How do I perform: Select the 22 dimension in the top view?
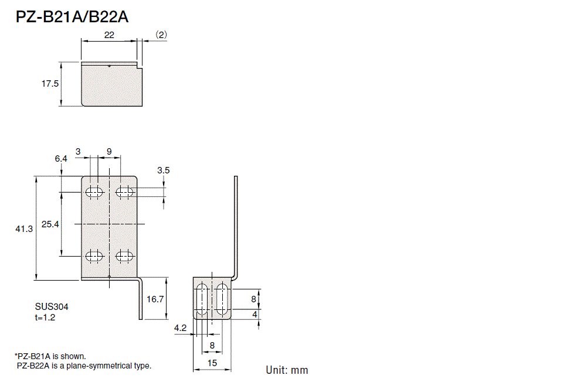[109, 35]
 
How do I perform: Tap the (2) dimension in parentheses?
[161, 35]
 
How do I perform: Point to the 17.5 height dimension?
[50, 84]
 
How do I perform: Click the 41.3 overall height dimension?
[24, 229]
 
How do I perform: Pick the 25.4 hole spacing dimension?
[50, 224]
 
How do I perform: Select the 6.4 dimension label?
[61, 159]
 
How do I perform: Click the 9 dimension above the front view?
[109, 151]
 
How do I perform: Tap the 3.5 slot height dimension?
[164, 170]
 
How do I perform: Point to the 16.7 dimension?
[155, 299]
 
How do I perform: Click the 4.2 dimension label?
[180, 329]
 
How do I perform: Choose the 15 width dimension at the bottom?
[212, 363]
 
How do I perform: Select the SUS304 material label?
[47, 306]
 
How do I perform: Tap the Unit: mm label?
[287, 370]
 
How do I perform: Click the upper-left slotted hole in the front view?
[94, 192]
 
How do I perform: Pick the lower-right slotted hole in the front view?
[124, 255]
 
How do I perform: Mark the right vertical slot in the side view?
[222, 299]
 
